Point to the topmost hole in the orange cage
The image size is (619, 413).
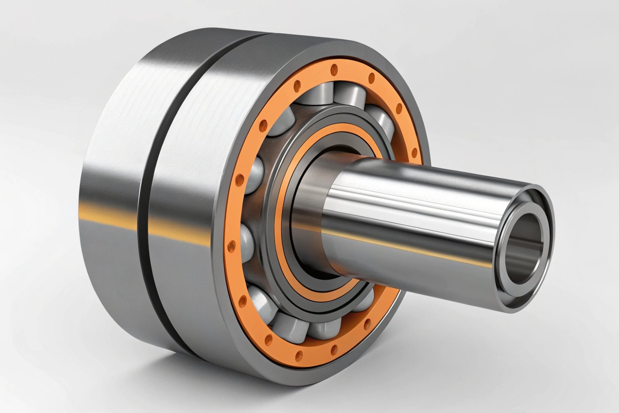click(334, 68)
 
